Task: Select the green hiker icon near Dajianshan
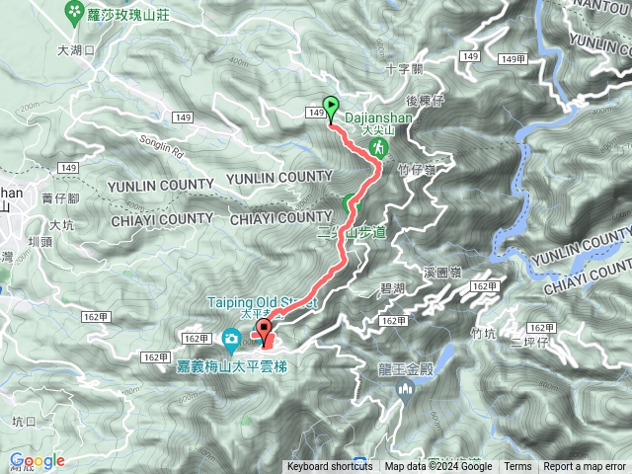[x=378, y=146]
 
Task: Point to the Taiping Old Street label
[x=262, y=302]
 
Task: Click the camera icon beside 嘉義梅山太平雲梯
[x=230, y=340]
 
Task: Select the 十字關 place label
[x=404, y=69]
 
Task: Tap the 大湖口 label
[x=74, y=48]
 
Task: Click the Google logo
[x=37, y=461]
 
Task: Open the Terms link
[x=517, y=467]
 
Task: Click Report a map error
[x=585, y=467]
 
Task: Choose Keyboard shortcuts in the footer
[x=330, y=467]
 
